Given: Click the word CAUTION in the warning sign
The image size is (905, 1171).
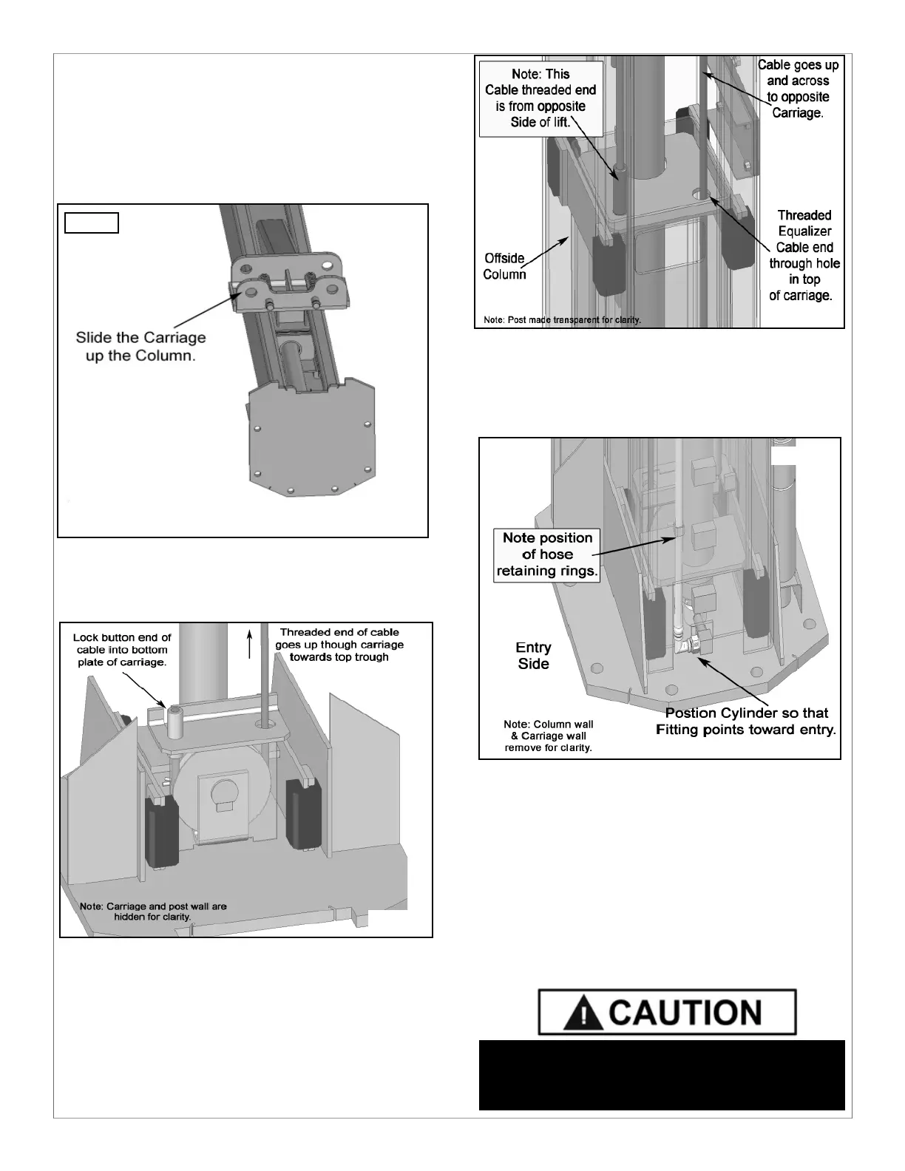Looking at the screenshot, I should [x=686, y=1013].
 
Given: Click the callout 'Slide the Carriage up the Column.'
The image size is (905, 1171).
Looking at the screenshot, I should [x=140, y=346].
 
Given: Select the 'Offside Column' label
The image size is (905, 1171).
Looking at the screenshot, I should [x=505, y=266].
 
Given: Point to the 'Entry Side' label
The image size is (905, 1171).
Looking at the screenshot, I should [x=533, y=656].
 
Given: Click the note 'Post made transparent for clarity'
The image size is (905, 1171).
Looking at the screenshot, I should [x=562, y=320].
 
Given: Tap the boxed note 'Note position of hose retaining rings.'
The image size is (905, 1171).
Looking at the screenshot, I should [x=547, y=554].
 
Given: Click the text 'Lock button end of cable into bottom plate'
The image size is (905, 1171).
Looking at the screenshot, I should [x=122, y=650].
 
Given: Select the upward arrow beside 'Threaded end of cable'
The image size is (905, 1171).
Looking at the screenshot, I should [x=251, y=642].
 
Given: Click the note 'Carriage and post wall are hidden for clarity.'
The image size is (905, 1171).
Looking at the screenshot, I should [x=153, y=911].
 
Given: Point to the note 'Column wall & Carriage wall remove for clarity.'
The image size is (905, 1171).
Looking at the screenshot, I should [x=548, y=736].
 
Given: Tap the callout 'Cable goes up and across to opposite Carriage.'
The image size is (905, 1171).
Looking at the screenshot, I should [x=798, y=89].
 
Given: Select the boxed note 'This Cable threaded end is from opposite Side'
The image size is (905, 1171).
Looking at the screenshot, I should [x=540, y=98].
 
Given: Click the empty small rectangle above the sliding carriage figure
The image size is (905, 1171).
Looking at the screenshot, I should [x=92, y=223].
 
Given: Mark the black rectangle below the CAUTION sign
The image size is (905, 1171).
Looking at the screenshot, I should [x=661, y=1075].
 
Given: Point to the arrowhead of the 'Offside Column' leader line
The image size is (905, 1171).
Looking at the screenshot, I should [x=568, y=237].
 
